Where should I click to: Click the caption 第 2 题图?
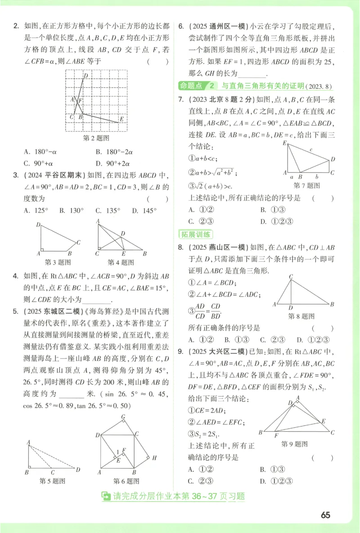pos(96,138)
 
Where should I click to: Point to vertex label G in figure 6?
pos(123,417)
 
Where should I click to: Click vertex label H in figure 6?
pos(154,458)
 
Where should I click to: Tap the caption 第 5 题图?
pos(52,481)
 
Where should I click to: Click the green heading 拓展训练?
pos(196,234)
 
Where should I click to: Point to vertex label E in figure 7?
pos(284,143)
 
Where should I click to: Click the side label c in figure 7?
pos(310,149)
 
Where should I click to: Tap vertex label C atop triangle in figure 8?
pos(291,277)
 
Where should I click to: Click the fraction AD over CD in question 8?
pos(200,310)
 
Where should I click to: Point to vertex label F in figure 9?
pos(276,435)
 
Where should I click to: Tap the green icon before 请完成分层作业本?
pos(106,496)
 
